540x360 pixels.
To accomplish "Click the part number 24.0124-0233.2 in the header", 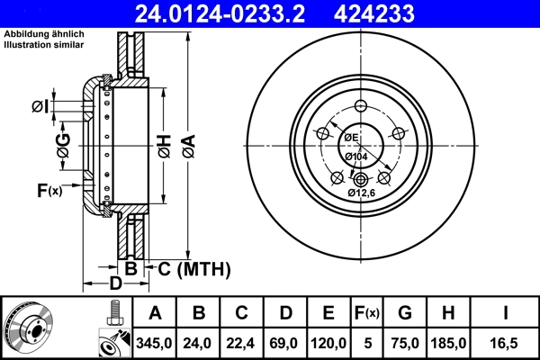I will point(233,13).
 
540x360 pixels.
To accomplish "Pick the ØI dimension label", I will point(39,108).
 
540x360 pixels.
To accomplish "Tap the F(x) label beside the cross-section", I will point(49,190).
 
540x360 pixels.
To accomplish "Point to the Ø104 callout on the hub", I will point(358,157).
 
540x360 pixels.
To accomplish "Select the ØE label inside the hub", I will point(349,137).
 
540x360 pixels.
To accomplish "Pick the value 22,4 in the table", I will point(241,343).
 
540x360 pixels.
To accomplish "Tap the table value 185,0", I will point(448,343).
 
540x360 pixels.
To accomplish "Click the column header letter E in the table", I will point(328,313).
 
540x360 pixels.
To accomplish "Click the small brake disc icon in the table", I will point(30,328).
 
